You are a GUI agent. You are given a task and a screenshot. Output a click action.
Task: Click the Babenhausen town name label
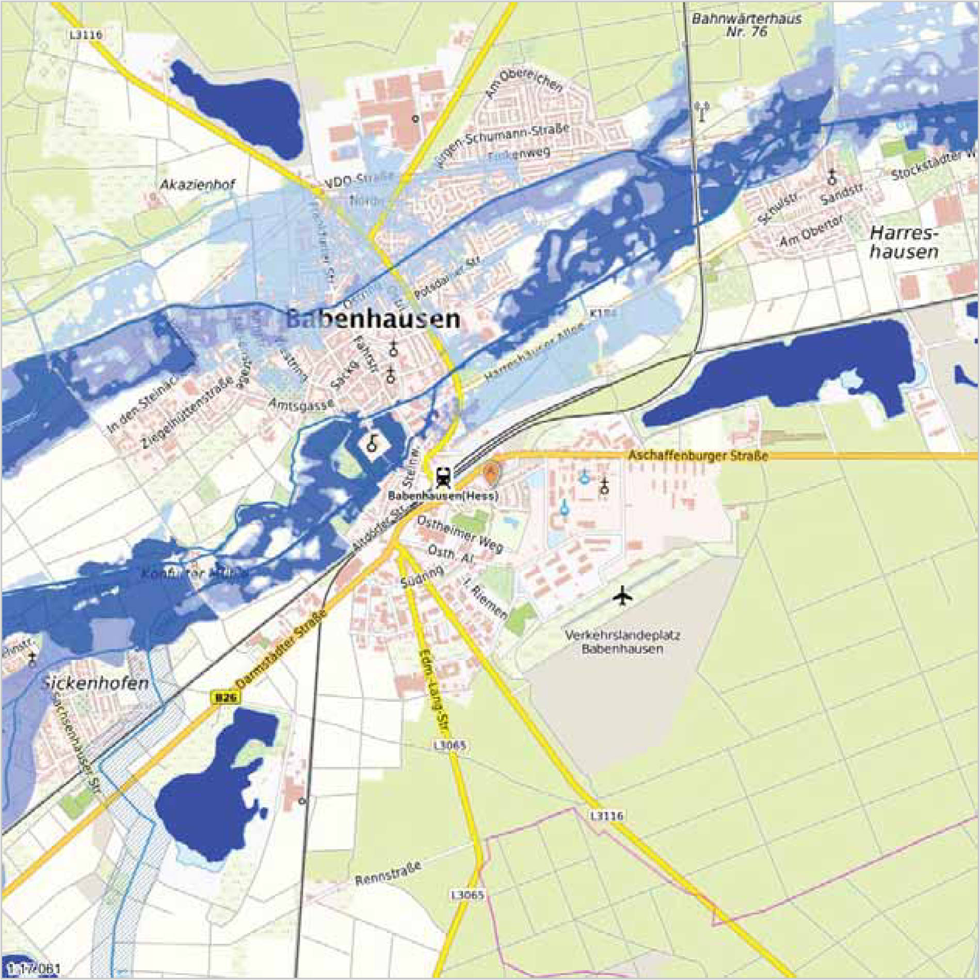tap(373, 319)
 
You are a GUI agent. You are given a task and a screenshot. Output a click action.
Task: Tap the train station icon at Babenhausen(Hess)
tap(442, 477)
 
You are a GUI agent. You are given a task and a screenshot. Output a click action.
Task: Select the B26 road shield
tap(226, 698)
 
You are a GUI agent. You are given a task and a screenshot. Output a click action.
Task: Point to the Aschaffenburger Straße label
tap(698, 456)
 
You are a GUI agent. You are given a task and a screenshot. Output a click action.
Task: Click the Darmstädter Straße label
tap(282, 649)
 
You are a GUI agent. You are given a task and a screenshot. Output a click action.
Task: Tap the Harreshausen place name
tap(904, 243)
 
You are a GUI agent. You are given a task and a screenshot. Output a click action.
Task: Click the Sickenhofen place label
tap(95, 684)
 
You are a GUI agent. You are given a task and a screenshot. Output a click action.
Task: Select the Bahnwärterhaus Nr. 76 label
tap(746, 25)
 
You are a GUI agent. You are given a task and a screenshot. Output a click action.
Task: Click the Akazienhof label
tap(197, 184)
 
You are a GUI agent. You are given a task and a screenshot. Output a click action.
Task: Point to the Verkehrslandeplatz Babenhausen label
tap(622, 641)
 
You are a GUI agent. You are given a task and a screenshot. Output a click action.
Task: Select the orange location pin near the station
tap(491, 472)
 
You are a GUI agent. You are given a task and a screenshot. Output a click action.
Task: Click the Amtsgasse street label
tap(301, 404)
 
